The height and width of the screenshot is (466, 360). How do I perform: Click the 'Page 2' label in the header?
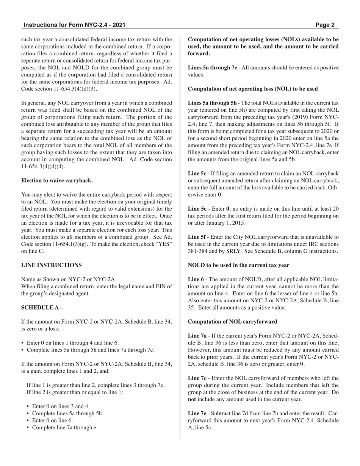pyautogui.click(x=325, y=25)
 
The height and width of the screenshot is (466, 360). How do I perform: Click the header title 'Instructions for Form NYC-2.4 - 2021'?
pyautogui.click(x=74, y=25)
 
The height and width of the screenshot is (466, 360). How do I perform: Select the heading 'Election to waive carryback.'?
pyautogui.click(x=57, y=180)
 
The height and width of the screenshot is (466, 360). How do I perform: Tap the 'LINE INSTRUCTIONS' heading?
pyautogui.click(x=51, y=265)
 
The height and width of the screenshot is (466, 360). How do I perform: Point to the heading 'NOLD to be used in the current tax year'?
pyautogui.click(x=238, y=265)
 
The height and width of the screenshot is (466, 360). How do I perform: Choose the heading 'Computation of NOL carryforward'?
pyautogui.click(x=232, y=322)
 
